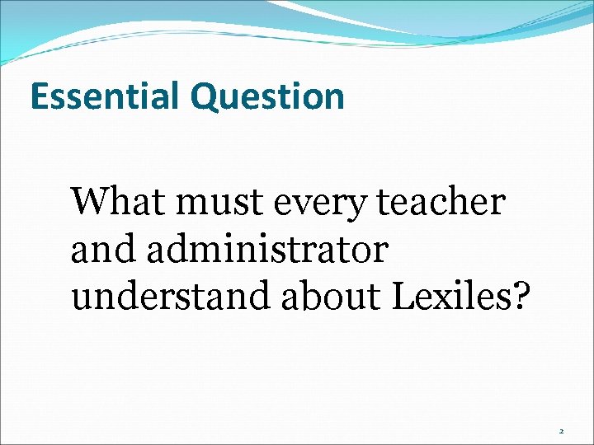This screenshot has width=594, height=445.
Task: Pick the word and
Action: tap(102, 250)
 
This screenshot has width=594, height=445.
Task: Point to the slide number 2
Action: tap(562, 431)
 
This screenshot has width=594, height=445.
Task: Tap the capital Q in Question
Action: tap(205, 97)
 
